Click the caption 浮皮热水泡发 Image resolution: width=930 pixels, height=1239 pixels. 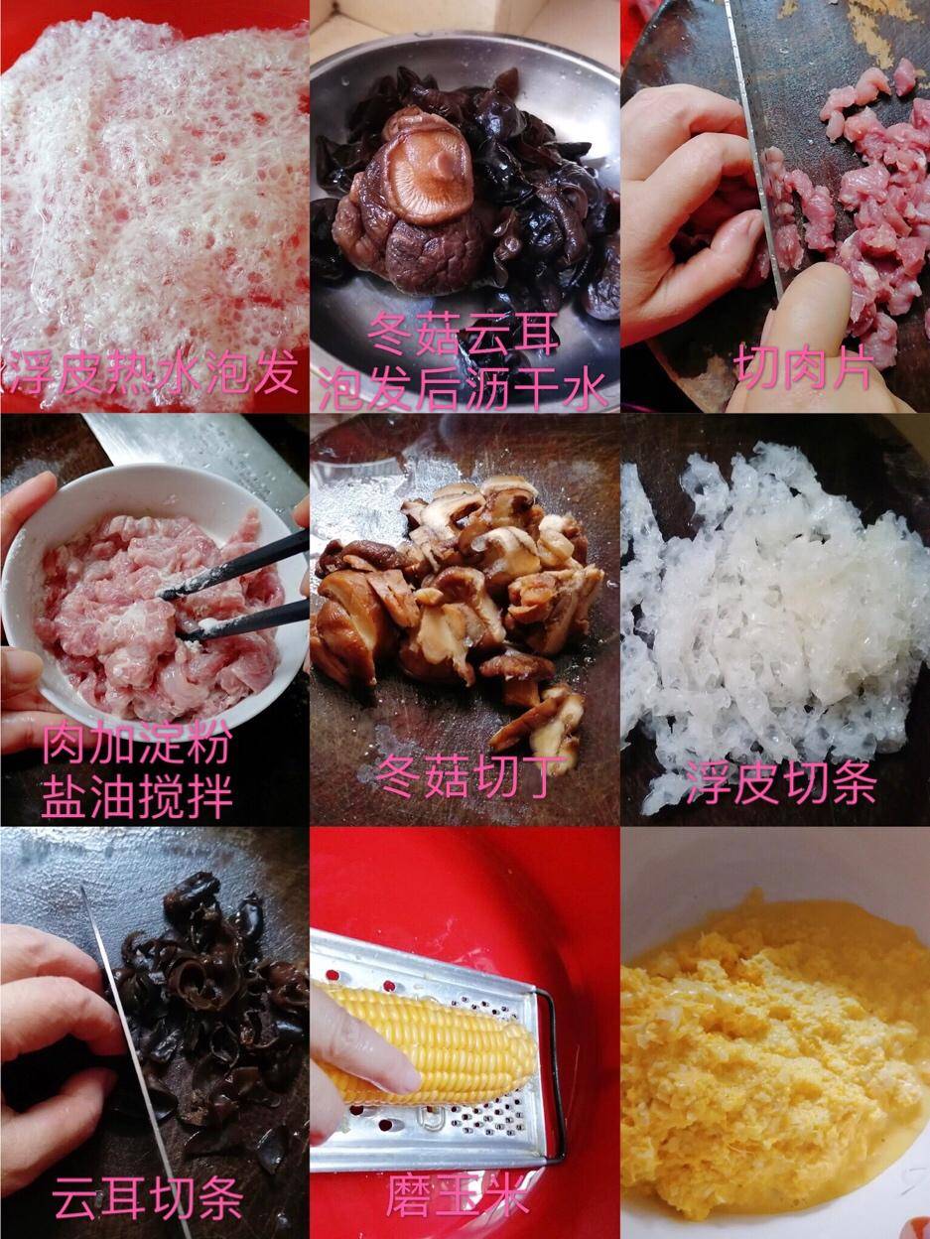tap(154, 375)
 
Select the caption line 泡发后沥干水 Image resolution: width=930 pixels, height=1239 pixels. tap(464, 390)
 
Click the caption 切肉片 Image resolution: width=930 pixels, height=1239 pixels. tap(804, 370)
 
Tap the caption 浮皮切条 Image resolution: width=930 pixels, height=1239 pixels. tap(781, 784)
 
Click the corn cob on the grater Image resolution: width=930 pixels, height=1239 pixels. tap(437, 1037)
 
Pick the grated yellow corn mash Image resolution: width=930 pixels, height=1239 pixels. tap(774, 1052)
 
